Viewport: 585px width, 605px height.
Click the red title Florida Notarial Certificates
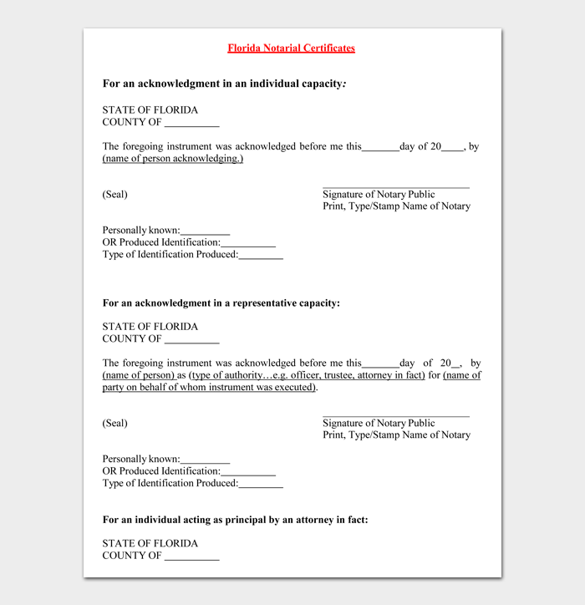pyautogui.click(x=291, y=48)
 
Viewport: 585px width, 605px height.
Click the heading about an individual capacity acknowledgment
pyautogui.click(x=224, y=84)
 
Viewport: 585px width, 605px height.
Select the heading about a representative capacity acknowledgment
pyautogui.click(x=221, y=303)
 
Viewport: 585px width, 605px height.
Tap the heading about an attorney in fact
pyautogui.click(x=235, y=520)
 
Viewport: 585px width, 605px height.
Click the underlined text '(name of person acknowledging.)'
pyautogui.click(x=173, y=159)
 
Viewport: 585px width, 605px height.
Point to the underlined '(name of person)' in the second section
pyautogui.click(x=138, y=376)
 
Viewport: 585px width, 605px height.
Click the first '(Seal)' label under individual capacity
pyautogui.click(x=115, y=195)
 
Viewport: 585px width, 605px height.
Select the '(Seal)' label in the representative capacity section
pyautogui.click(x=115, y=424)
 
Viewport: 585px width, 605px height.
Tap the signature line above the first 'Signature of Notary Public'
pyautogui.click(x=396, y=187)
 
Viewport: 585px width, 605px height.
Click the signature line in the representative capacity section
pyautogui.click(x=396, y=415)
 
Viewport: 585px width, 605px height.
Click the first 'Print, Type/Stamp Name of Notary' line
pyautogui.click(x=396, y=206)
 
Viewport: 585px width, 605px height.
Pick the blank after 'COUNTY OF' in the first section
pyautogui.click(x=192, y=125)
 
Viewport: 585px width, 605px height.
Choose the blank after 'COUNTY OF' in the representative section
pyautogui.click(x=192, y=342)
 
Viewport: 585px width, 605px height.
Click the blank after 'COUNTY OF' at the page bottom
pyautogui.click(x=192, y=558)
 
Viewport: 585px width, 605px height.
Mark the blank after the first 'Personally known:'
pyautogui.click(x=205, y=233)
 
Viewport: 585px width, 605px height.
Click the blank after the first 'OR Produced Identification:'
pyautogui.click(x=248, y=245)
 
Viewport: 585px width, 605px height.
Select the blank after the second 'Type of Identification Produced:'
pyautogui.click(x=261, y=486)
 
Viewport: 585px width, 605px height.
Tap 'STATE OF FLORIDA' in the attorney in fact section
pyautogui.click(x=150, y=544)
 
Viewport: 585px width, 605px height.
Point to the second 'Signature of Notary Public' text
pyautogui.click(x=379, y=424)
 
